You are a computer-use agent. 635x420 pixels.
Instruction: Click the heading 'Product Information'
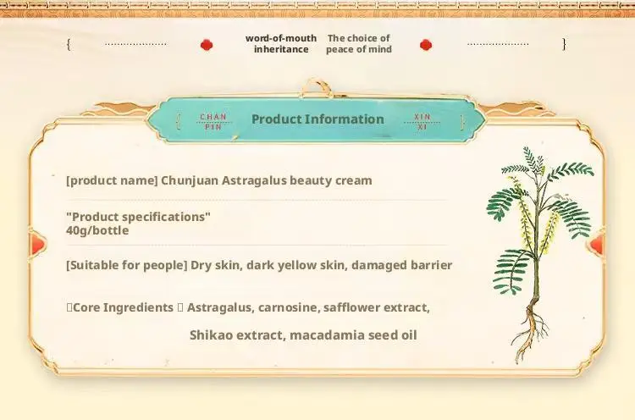coord(317,119)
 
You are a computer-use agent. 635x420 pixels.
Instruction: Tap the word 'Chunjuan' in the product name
coord(190,180)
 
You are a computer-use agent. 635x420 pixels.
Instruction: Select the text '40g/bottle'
coord(97,230)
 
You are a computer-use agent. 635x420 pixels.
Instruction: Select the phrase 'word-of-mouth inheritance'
coord(281,44)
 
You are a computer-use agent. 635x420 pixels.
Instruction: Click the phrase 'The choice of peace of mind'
coord(359,44)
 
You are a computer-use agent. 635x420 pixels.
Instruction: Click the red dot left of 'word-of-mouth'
coord(207,45)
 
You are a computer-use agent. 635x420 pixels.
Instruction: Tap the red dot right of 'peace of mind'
coord(426,45)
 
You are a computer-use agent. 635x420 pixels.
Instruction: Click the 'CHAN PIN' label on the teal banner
coord(213,121)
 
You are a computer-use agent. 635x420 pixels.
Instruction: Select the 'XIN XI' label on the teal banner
coord(422,121)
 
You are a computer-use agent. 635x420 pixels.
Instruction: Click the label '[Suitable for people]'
coord(127,265)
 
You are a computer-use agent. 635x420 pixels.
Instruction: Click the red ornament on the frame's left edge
coord(37,244)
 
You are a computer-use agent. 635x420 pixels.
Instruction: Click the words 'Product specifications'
coord(139,217)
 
